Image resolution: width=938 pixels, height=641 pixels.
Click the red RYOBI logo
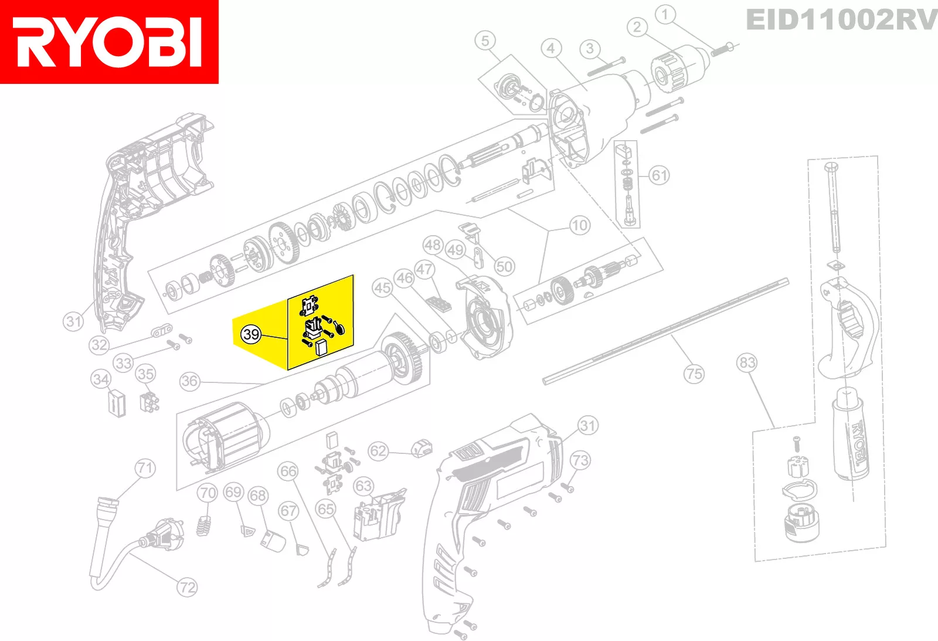tap(109, 42)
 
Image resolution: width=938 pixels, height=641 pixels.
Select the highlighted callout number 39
tap(251, 334)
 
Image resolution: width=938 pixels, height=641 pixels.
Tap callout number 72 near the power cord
tap(187, 588)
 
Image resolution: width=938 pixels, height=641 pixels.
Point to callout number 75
tap(694, 374)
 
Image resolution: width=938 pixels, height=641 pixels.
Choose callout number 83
tap(747, 362)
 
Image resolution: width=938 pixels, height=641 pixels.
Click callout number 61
tap(660, 175)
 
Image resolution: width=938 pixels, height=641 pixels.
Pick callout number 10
tap(580, 225)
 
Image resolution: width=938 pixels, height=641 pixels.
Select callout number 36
tap(190, 381)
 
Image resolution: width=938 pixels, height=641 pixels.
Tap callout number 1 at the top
tap(665, 15)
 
